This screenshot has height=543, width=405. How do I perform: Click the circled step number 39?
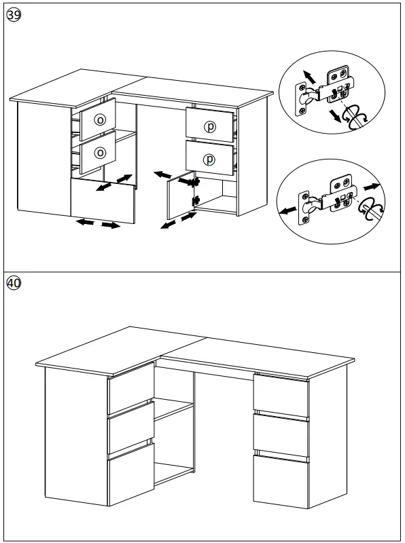[14, 16]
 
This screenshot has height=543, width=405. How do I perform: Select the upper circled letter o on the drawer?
[100, 119]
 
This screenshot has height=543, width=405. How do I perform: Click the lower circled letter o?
[100, 153]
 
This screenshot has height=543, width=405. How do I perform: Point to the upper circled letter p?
[210, 126]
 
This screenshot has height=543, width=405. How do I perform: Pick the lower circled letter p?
[210, 159]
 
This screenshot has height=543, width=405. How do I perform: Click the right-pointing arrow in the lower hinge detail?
[370, 186]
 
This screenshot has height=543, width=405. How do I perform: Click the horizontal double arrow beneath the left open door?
[98, 223]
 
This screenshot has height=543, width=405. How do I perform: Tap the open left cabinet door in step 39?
[102, 200]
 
